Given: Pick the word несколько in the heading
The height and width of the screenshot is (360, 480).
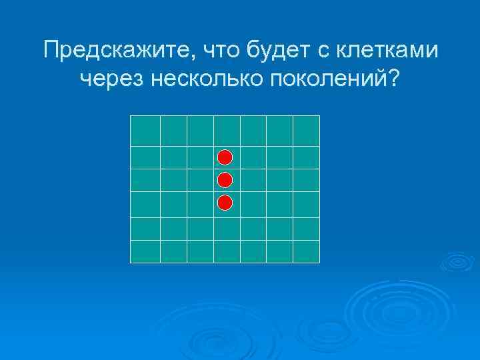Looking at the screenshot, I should coord(209,79).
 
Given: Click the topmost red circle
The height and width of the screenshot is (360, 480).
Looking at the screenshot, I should coord(225,157).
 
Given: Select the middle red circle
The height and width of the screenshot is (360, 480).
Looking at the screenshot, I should coord(225,180).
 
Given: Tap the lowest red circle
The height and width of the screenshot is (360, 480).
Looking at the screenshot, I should coord(225,203).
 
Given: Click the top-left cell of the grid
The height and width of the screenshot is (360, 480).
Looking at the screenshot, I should coord(145,131).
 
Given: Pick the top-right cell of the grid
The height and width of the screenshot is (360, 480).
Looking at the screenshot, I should coord(307,131).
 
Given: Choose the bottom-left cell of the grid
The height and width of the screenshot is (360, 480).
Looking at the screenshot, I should coord(145,251).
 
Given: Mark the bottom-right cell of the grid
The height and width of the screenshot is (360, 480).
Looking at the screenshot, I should coord(307,251).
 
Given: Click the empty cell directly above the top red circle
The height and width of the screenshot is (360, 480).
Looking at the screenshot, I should coord(227,131).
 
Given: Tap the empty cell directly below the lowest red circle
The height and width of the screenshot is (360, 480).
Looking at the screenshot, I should coord(227,229).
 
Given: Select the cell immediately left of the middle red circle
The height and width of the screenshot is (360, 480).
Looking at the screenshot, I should coord(200,181).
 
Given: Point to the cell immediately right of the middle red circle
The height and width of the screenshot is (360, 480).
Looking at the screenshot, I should coord(253,181).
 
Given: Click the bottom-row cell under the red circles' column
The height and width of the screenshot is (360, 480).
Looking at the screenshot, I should coord(227,251).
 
